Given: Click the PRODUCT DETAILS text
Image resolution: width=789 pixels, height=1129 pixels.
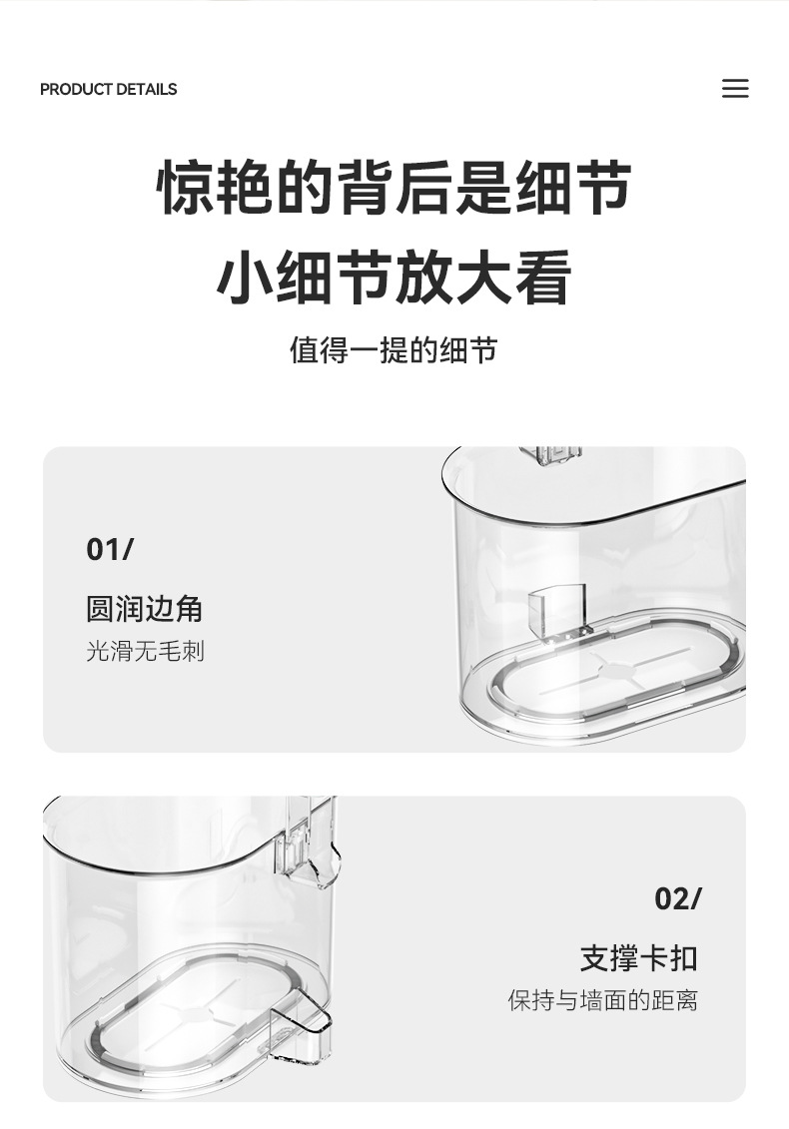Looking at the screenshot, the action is [x=108, y=89].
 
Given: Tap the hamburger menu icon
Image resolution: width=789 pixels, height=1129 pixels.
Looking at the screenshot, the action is [x=735, y=89].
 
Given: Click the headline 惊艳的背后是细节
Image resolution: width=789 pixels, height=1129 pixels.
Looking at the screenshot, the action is [x=394, y=188].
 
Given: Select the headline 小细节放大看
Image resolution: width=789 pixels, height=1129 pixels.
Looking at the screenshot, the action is [x=394, y=277].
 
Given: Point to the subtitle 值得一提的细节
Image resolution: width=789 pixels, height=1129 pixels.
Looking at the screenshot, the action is [x=394, y=350].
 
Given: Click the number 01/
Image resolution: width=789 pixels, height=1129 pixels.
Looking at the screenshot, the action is [x=110, y=550].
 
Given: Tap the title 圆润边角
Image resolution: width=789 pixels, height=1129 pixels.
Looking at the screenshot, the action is [x=144, y=609].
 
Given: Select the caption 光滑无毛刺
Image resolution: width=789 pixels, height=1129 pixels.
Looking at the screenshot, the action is [x=146, y=651].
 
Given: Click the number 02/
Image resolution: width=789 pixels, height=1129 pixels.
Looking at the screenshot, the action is [x=677, y=898].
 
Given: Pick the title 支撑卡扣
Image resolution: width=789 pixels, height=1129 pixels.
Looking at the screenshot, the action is [x=639, y=958].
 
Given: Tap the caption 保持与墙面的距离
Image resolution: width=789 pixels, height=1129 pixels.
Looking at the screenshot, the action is [x=603, y=1000].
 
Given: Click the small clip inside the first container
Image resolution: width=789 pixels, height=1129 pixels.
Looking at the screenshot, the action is [x=556, y=611].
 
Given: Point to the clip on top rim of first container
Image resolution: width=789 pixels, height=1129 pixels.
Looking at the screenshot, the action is [x=550, y=454].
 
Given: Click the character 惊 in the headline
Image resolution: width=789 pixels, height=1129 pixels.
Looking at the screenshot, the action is [x=185, y=188].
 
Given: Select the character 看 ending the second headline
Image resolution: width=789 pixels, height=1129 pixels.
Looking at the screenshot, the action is [x=544, y=277].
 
